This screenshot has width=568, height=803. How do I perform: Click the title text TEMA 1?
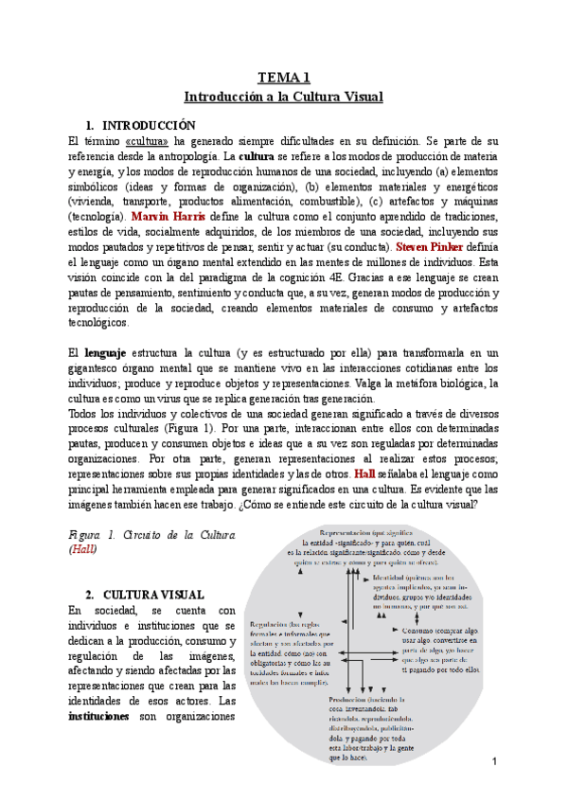[284, 78]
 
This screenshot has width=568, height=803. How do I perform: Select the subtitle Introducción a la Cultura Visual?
[284, 97]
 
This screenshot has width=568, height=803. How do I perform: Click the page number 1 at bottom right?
[494, 762]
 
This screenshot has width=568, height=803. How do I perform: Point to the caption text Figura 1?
[94, 535]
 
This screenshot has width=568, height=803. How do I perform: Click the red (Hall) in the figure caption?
[82, 549]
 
